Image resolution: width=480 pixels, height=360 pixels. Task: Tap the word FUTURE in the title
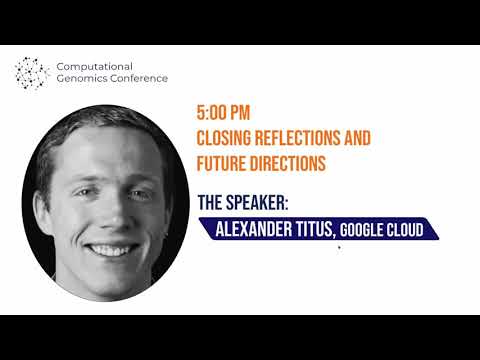pyautogui.click(x=225, y=160)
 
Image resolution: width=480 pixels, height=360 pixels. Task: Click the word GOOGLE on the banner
pyautogui.click(x=363, y=231)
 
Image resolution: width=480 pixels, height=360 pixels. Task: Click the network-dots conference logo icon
pyautogui.click(x=31, y=72)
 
